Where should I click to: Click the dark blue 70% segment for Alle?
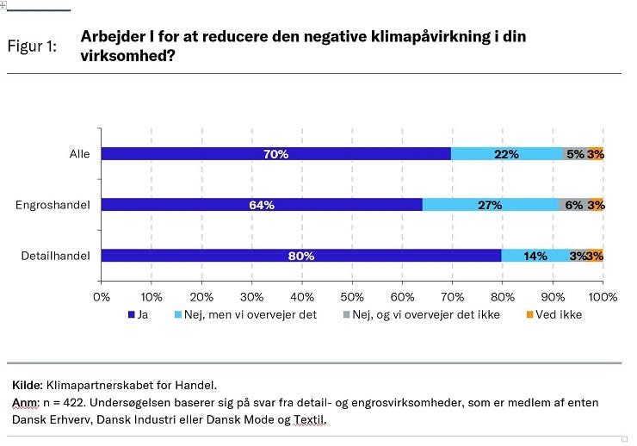click(x=276, y=154)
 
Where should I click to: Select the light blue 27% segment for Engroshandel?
click(x=490, y=205)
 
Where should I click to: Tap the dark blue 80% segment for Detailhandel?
click(x=301, y=256)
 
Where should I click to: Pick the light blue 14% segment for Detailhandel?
click(x=535, y=256)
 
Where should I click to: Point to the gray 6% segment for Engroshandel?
click(x=572, y=205)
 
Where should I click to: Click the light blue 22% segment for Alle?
click(x=506, y=154)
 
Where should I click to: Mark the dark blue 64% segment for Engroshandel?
click(x=262, y=205)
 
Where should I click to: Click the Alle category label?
click(x=80, y=154)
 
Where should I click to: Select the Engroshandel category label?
click(x=53, y=205)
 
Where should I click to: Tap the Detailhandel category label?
click(x=54, y=256)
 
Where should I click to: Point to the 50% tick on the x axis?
click(x=352, y=295)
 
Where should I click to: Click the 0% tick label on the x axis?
click(x=102, y=295)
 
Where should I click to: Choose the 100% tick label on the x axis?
click(x=602, y=295)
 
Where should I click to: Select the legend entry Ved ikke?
click(x=558, y=315)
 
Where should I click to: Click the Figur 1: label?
click(x=32, y=46)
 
